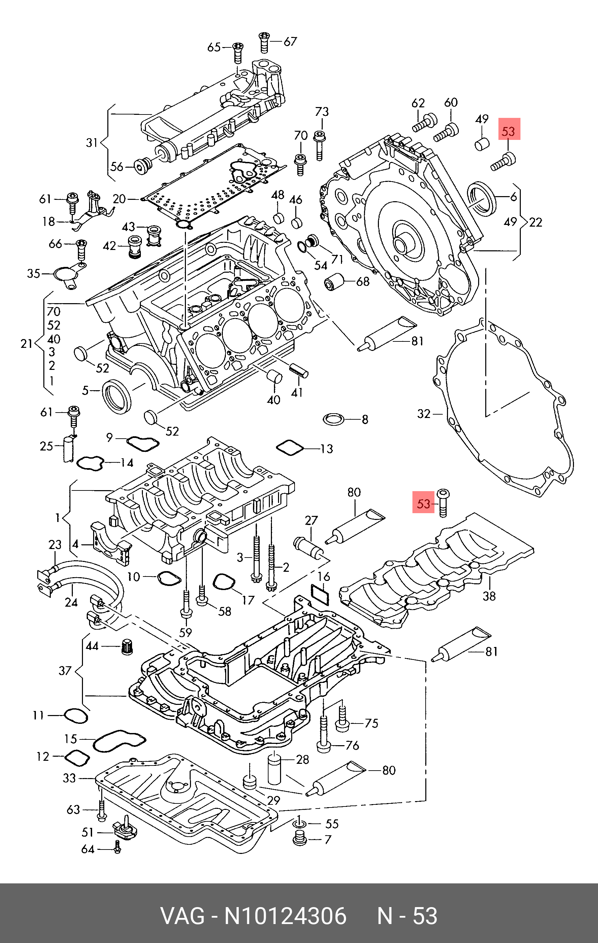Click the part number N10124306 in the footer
click(x=285, y=916)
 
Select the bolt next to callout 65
click(x=237, y=53)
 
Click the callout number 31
click(x=92, y=143)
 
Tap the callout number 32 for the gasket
click(x=424, y=414)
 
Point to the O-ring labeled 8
click(x=334, y=419)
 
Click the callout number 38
click(x=489, y=596)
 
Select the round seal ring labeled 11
click(x=76, y=715)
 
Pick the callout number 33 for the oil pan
click(x=69, y=778)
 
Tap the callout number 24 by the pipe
click(x=71, y=602)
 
